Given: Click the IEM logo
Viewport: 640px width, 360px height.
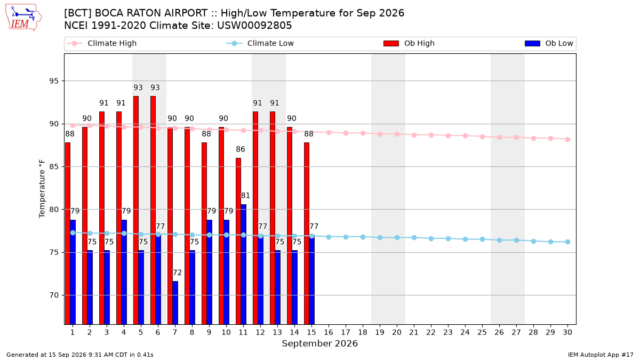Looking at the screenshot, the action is (x=23, y=18).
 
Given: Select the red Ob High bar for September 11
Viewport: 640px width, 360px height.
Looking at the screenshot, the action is (x=238, y=241).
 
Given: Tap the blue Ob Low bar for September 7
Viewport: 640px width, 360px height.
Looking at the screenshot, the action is (x=175, y=303).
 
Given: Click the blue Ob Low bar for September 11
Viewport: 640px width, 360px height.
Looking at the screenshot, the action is (x=243, y=265).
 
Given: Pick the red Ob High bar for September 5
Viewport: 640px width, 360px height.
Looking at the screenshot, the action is (x=136, y=210).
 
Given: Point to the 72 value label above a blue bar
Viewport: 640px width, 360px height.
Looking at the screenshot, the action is (x=177, y=273).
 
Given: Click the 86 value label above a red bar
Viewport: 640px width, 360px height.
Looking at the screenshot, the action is (x=241, y=149).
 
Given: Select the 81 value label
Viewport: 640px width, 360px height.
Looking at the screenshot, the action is (x=245, y=195).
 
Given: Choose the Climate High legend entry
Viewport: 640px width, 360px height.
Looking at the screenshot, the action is (x=102, y=43).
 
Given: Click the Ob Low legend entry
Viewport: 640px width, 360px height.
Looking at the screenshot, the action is (x=549, y=43).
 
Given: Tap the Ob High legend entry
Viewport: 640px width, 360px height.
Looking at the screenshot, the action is (x=409, y=43).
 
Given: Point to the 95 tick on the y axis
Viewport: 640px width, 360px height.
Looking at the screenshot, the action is (x=54, y=81).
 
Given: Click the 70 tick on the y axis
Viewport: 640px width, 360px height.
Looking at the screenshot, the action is (x=54, y=295).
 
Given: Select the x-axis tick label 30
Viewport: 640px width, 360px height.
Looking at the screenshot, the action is (x=567, y=332).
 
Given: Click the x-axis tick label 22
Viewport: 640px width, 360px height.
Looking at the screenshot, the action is (x=431, y=332).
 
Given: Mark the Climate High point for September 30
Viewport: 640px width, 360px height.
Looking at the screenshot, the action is (x=567, y=139).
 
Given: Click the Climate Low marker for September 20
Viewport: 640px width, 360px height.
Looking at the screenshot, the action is (x=397, y=237).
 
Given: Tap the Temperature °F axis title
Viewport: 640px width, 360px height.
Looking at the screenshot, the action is (x=42, y=189).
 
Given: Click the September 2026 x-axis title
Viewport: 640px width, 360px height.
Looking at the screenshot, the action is (x=319, y=343).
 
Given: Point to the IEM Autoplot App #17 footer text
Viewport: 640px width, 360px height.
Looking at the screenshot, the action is (x=601, y=355).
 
